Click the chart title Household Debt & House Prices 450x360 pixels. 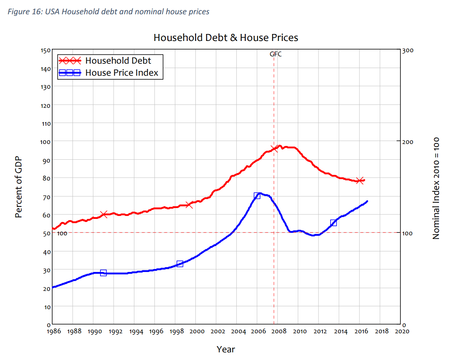click(x=226, y=38)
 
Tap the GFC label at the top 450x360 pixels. click(x=276, y=54)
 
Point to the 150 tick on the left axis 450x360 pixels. click(x=46, y=50)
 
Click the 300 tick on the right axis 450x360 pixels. click(x=408, y=50)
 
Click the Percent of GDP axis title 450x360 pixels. click(x=19, y=187)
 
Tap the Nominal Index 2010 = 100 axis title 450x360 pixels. click(x=436, y=188)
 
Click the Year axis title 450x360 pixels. click(x=226, y=349)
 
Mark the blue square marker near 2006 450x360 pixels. click(x=257, y=196)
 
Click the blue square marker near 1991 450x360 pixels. click(x=103, y=273)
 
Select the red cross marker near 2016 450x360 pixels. click(x=360, y=181)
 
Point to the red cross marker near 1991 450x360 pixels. click(x=104, y=215)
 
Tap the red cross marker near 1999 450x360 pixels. click(x=189, y=205)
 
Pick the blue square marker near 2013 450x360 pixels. click(x=333, y=223)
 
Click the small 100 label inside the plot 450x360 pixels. click(x=62, y=234)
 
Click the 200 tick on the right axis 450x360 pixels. click(x=408, y=142)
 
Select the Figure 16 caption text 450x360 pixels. click(x=108, y=12)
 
